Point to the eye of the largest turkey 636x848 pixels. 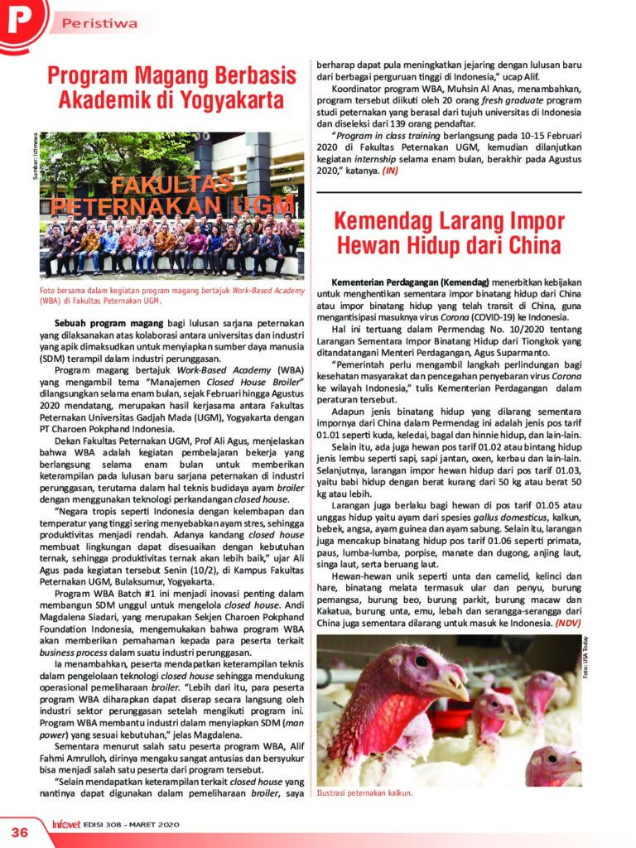pos(422,662)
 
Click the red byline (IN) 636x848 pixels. pos(390,171)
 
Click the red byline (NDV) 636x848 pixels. pos(569,621)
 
